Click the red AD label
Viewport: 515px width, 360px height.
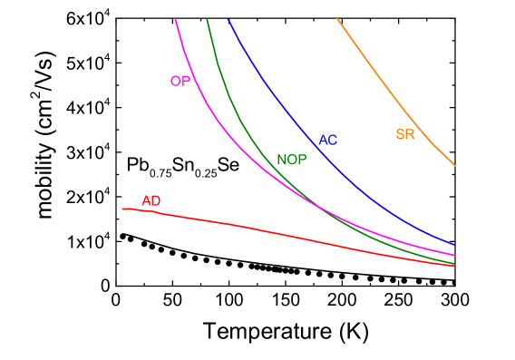(151, 200)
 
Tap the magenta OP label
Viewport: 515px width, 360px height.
(180, 81)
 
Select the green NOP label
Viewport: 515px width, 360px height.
(292, 160)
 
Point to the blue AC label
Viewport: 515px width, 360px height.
(327, 140)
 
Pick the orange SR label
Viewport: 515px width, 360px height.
(405, 134)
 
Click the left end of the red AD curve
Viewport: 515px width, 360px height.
(122, 209)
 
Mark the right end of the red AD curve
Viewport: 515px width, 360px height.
(455, 266)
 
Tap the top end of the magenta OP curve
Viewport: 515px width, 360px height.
(174, 19)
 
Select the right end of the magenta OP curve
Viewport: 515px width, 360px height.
(455, 256)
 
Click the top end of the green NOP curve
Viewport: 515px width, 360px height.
(207, 19)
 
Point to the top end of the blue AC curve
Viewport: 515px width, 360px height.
(228, 19)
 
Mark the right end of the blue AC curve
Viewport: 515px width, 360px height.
(455, 245)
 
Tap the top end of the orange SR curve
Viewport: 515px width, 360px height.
(337, 19)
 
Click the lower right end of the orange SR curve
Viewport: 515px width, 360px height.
(455, 166)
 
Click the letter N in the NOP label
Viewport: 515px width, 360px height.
(282, 160)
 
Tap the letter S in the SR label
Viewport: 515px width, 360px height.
(400, 134)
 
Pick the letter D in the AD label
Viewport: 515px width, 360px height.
(156, 200)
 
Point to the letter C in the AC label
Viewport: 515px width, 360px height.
(333, 140)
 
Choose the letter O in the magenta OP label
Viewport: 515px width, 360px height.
(175, 81)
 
